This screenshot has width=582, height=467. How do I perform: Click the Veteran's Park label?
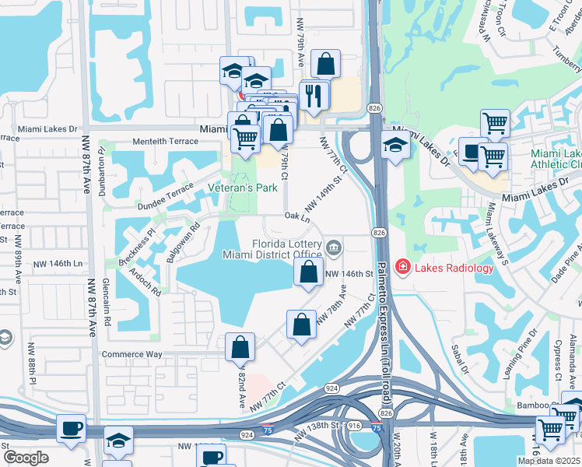click(x=244, y=188)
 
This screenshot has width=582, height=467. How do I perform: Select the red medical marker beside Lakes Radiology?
click(x=403, y=268)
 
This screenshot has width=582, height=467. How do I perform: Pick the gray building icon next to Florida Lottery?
click(x=335, y=248)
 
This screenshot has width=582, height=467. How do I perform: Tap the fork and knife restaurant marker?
click(x=314, y=96)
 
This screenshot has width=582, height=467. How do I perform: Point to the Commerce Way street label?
click(x=132, y=354)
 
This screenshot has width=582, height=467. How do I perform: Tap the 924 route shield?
click(x=332, y=388)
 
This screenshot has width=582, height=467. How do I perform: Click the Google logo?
click(x=26, y=458)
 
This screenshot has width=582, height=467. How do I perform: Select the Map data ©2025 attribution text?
click(x=549, y=461)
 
